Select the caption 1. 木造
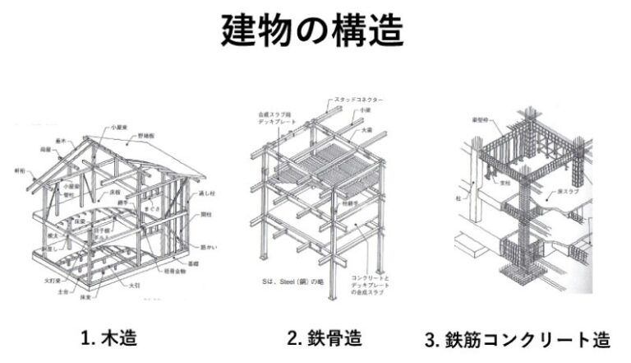[108, 337]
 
